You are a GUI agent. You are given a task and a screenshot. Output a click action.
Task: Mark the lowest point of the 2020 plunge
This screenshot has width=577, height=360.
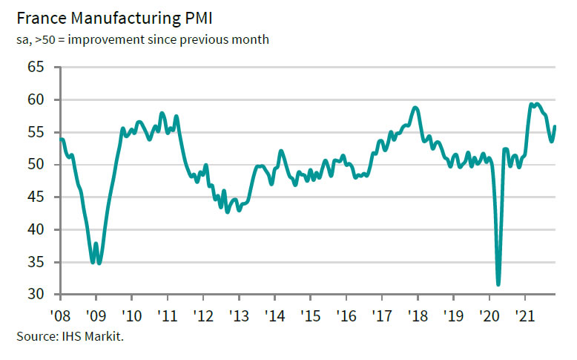(x=498, y=284)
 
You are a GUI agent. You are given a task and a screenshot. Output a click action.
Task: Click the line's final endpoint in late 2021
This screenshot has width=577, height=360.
(x=555, y=126)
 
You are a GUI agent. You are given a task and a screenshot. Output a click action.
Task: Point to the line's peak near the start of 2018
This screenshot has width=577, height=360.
(x=415, y=108)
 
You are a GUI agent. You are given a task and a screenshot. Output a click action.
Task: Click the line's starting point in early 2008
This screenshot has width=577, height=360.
(x=61, y=139)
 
